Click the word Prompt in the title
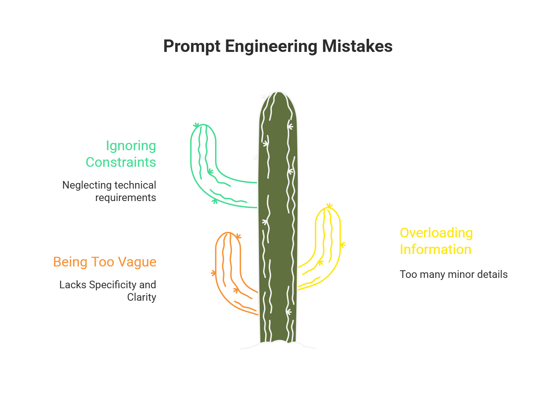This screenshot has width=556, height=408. [x=192, y=46]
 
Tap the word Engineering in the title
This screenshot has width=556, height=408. [x=271, y=46]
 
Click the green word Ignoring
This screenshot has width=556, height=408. [x=131, y=146]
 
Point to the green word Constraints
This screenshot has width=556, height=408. [x=121, y=162]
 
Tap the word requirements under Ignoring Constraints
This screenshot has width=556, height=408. [x=126, y=198]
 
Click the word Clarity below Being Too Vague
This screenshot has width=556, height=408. [x=141, y=297]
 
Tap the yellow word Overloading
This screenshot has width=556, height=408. [x=436, y=233]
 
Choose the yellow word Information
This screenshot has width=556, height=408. [x=435, y=250]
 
